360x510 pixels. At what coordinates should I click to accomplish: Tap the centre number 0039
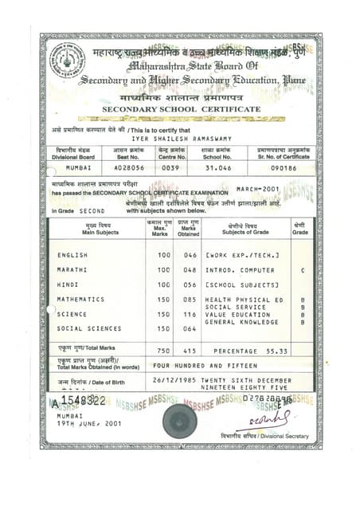coord(170,169)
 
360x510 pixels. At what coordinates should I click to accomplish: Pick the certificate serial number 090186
coord(283,169)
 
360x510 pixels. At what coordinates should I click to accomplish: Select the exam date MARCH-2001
coord(258,189)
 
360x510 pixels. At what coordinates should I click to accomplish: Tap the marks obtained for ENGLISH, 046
coord(189,255)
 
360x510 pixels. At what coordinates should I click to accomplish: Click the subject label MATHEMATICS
coord(80,299)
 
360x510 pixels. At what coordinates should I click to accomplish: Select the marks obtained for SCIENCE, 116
coord(189,314)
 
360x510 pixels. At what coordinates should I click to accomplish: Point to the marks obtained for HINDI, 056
coord(189,284)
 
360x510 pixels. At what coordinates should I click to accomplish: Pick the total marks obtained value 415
coord(189,351)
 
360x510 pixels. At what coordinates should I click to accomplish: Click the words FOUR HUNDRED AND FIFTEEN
coord(196,365)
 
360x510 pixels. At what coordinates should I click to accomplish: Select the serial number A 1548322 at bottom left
coord(79,402)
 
